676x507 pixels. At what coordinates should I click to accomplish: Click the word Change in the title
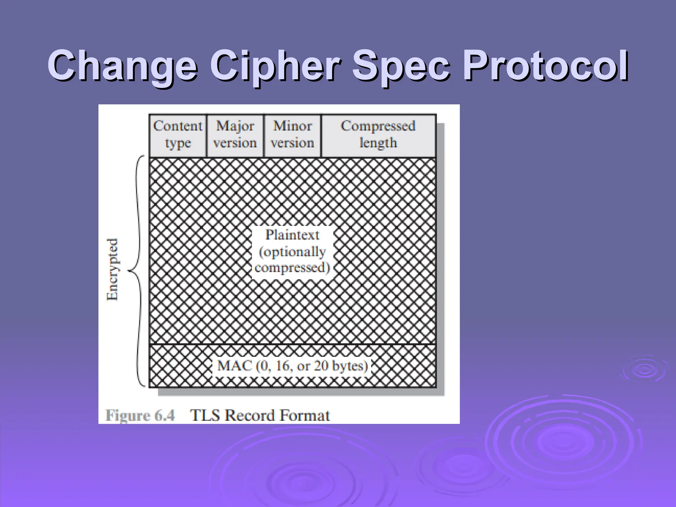122,66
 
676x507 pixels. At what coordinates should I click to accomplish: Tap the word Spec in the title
401,66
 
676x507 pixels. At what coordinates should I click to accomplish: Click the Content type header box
178,135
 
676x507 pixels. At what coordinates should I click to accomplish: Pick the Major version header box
235,135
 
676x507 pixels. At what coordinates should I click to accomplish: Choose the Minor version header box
292,135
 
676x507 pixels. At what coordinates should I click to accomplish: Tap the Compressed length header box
378,135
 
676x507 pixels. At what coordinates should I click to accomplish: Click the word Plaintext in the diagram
292,235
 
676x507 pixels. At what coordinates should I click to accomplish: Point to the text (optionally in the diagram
292,252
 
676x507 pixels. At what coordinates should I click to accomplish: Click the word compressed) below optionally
292,268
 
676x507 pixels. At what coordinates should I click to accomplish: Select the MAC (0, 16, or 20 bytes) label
292,366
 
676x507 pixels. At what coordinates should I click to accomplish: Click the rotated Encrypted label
112,269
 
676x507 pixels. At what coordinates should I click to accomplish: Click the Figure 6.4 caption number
140,415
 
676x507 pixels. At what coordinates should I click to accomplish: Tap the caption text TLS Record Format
260,415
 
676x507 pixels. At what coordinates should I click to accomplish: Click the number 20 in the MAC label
321,366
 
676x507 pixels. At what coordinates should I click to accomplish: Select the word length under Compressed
378,143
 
